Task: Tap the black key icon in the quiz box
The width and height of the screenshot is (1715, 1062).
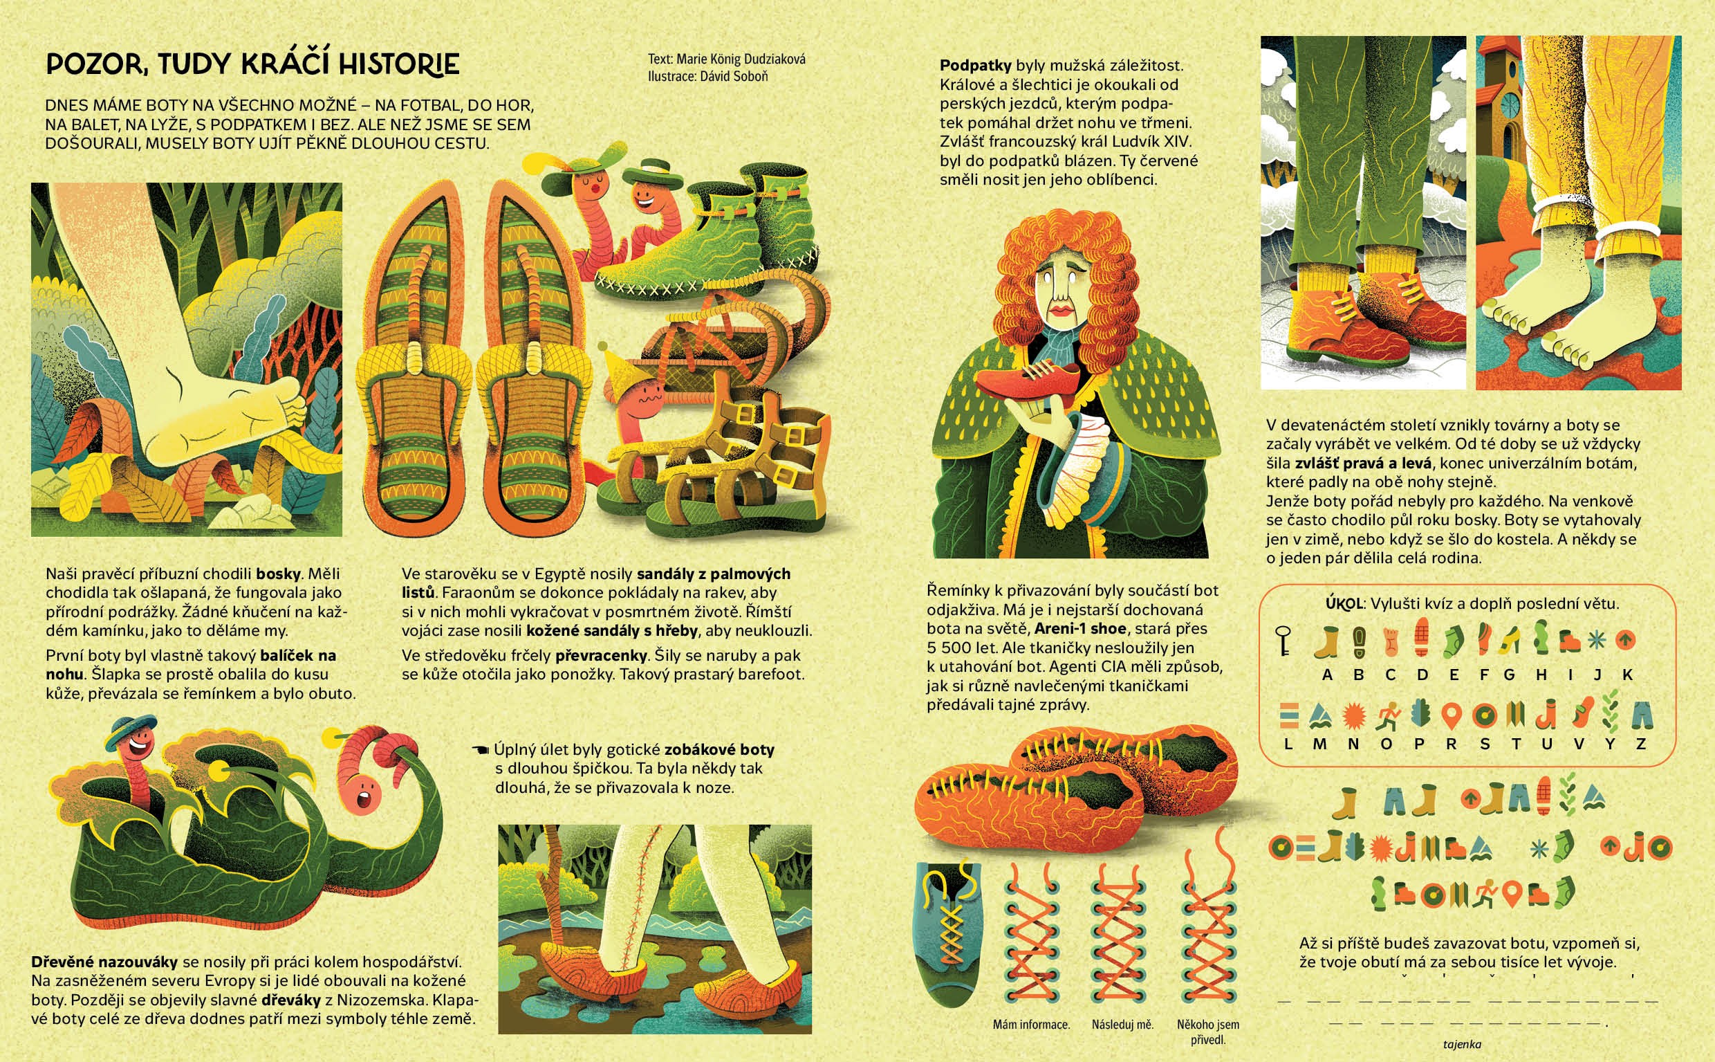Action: click(1283, 641)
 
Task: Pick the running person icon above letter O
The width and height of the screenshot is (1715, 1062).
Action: click(1388, 717)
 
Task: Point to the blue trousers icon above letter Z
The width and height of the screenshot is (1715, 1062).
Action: click(1641, 715)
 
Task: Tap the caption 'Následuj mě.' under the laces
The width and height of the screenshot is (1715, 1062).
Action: click(1122, 1025)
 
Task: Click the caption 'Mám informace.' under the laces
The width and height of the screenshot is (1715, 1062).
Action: click(1031, 1025)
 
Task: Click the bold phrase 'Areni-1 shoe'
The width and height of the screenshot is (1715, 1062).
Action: click(1080, 629)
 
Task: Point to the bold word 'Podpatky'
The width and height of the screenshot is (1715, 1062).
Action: click(976, 65)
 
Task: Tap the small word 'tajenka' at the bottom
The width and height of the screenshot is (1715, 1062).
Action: click(1462, 1045)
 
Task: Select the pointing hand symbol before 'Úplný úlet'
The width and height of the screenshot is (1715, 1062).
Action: click(481, 750)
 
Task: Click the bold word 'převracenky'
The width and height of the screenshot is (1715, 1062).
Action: click(601, 655)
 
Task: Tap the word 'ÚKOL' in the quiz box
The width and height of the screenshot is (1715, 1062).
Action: click(1344, 603)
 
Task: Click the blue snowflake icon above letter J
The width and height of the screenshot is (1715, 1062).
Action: click(1597, 640)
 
